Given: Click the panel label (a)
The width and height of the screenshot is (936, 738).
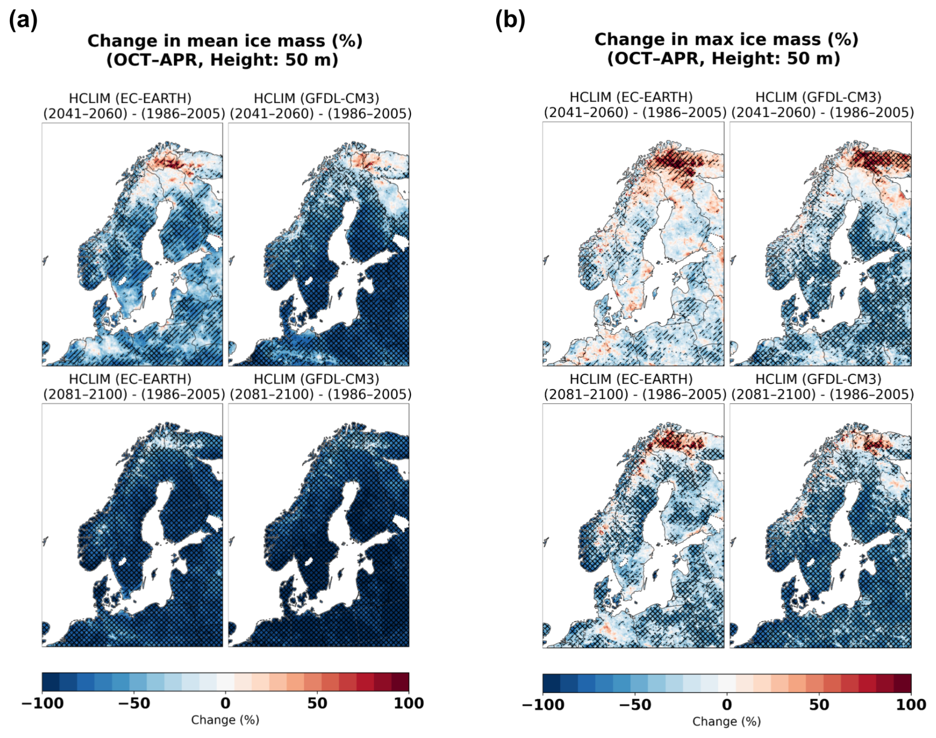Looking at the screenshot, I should coord(23,20).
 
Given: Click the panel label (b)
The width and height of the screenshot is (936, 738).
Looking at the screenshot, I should coord(510,20).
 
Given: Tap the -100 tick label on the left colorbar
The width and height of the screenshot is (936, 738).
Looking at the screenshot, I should coord(43,702).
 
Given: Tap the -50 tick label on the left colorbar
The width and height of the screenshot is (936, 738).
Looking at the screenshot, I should coord(134,702).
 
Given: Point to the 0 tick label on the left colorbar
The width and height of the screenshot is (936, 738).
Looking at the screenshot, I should coord(226,702).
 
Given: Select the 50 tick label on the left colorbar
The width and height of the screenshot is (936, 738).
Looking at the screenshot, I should coord(317,702).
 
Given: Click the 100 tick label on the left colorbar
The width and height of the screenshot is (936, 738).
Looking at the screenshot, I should coord(409,702).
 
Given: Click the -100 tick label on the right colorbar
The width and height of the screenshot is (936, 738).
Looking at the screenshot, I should coord(543,704).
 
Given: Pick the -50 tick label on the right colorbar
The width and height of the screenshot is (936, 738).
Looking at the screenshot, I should coord(635,704).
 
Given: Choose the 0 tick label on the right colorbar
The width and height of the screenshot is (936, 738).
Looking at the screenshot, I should coord(727,704).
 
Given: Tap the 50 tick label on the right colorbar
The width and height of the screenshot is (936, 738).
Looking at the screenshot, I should coord(819,704).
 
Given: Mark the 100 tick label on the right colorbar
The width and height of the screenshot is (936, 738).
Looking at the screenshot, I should coord(911,704).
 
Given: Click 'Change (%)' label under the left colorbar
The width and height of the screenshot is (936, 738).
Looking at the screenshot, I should coord(225,720).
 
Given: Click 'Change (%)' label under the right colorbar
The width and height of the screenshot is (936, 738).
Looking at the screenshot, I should coord(726,721).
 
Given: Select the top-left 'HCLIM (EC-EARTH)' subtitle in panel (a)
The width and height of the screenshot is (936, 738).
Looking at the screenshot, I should coord(130,98).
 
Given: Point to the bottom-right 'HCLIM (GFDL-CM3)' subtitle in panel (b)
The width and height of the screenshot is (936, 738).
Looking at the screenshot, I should coord(818,379).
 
